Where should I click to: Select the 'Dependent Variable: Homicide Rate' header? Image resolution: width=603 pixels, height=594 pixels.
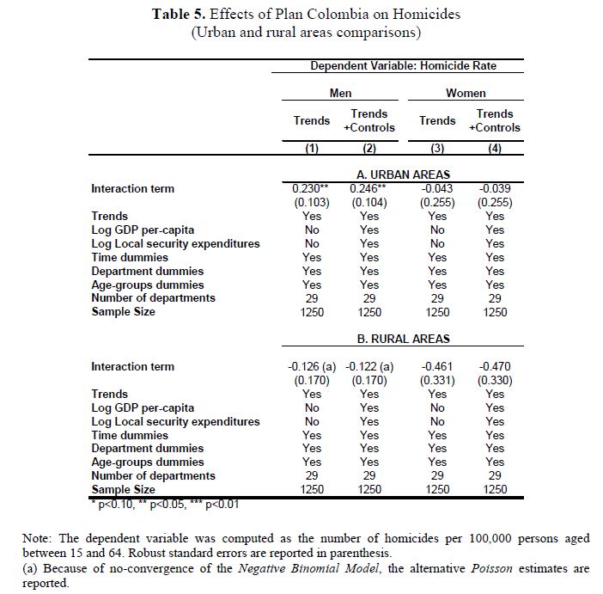click(403, 66)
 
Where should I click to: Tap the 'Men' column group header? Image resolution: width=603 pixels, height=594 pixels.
click(340, 93)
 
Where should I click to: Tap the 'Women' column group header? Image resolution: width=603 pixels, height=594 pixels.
click(466, 93)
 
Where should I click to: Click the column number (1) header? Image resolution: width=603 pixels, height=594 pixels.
click(312, 148)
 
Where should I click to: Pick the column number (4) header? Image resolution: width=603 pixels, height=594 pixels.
click(495, 148)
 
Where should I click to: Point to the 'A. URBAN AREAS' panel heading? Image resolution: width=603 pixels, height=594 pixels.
click(403, 175)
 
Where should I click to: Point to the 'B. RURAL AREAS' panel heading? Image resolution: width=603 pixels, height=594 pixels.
click(403, 339)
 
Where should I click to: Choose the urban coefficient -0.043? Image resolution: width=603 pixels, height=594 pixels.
click(437, 188)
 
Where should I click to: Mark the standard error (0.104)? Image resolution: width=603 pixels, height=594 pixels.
click(369, 202)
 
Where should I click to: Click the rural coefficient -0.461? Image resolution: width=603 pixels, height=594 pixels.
click(437, 366)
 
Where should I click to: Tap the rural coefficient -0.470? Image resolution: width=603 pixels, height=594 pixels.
click(495, 366)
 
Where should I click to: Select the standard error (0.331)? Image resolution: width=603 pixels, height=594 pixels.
click(437, 380)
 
